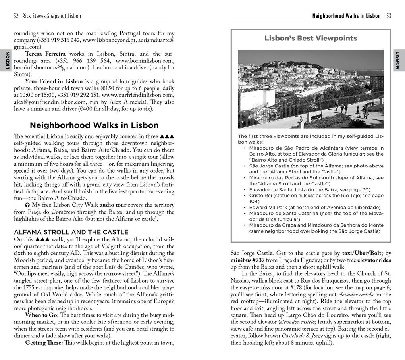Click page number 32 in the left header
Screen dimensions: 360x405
16,16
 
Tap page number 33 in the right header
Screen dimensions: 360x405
388,16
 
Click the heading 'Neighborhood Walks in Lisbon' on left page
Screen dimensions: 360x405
94,125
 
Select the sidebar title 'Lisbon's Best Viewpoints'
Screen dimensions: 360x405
310,39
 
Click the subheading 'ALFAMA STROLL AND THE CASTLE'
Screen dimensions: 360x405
71,232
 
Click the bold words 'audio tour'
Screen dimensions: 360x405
113,205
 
